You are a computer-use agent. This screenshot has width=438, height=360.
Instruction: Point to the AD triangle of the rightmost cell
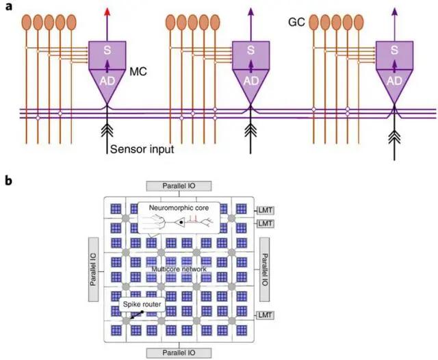394,81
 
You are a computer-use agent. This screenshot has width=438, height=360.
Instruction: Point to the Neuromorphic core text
175,206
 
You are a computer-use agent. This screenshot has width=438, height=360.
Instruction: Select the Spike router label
140,302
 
